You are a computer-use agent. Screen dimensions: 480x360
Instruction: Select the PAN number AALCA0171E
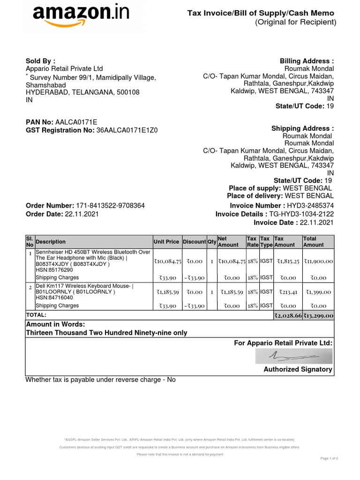point(76,122)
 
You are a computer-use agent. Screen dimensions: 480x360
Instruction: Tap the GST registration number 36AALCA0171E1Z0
point(127,130)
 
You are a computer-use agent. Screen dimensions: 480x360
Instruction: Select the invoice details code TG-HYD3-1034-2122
point(301,214)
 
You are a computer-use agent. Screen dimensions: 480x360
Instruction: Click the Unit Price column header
point(166,242)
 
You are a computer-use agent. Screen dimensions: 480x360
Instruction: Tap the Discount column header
point(194,242)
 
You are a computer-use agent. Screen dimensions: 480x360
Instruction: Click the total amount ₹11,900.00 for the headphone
point(318,261)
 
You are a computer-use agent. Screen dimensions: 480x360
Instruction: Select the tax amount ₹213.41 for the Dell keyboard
point(288,292)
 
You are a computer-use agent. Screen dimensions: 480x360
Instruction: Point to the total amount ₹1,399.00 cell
point(318,292)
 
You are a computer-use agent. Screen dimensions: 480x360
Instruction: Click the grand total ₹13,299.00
point(318,315)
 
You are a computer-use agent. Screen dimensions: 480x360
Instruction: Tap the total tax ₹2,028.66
point(288,315)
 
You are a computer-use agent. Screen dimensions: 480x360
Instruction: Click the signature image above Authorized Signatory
point(293,357)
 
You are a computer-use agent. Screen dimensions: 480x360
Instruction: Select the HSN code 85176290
point(54,270)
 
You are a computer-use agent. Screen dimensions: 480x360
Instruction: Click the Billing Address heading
point(307,61)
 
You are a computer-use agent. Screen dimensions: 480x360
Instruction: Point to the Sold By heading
point(40,61)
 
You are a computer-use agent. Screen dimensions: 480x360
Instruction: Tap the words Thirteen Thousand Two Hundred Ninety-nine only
point(106,333)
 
